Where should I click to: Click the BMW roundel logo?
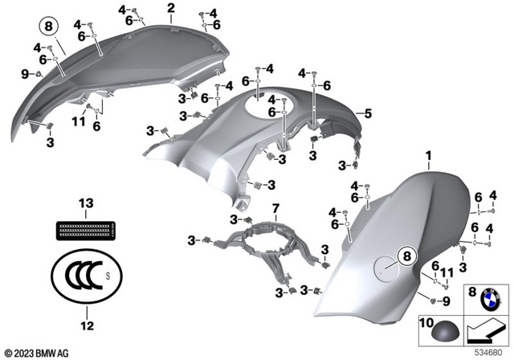point(491,300)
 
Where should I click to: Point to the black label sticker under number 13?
point(86,231)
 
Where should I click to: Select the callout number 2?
point(171,9)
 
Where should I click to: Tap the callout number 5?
point(368,113)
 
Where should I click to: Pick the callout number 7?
point(275,208)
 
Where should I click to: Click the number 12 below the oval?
point(87,325)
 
